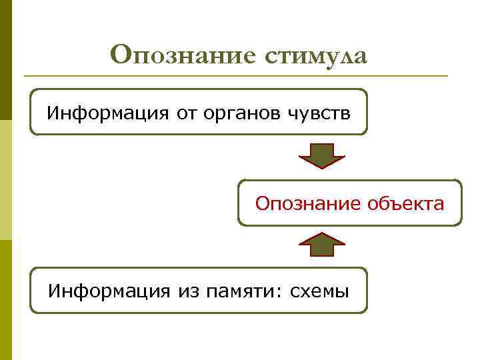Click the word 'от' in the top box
pos(186,112)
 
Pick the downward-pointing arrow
pos(321,155)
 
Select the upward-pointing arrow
pos(321,245)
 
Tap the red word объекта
pos(405,203)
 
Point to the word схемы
pos(320,291)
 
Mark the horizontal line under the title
pos(233,75)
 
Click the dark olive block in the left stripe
pos(5,60)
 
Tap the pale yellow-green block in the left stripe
pos(5,180)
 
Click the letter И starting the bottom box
pos(54,291)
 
